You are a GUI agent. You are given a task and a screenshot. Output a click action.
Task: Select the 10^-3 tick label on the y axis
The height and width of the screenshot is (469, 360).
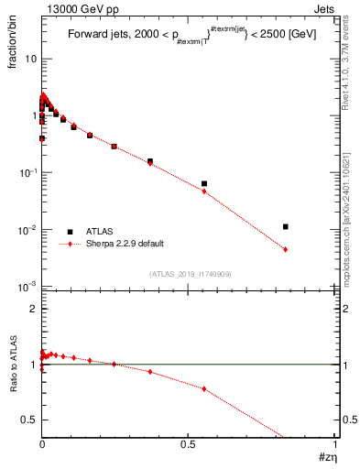click(x=27, y=287)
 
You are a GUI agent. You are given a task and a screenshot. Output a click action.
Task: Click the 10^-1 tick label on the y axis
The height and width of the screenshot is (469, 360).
click(x=27, y=173)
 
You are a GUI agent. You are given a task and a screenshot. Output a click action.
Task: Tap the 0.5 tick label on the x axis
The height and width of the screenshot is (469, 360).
click(x=189, y=442)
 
